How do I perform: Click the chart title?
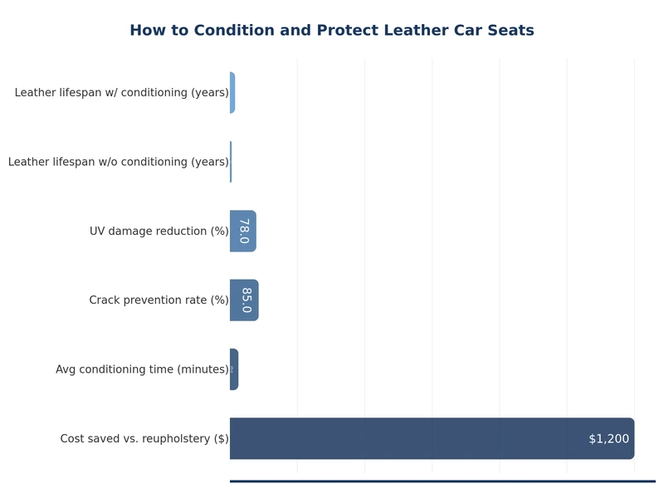coord(332,31)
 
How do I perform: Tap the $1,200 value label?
coord(608,438)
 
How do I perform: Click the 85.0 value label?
coord(246,300)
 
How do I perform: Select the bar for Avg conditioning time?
coord(234,369)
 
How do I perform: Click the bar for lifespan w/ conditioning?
coord(232,92)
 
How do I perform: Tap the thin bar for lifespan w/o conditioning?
coord(231,162)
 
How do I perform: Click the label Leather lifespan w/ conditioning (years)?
coord(121,92)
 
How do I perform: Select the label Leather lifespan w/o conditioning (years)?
coord(118,162)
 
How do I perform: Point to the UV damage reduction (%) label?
coord(159,231)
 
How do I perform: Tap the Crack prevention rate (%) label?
coord(159,300)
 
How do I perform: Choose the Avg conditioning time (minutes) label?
coord(142,369)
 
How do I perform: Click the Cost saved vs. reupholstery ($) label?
coord(144,438)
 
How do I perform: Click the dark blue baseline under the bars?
coord(442,481)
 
